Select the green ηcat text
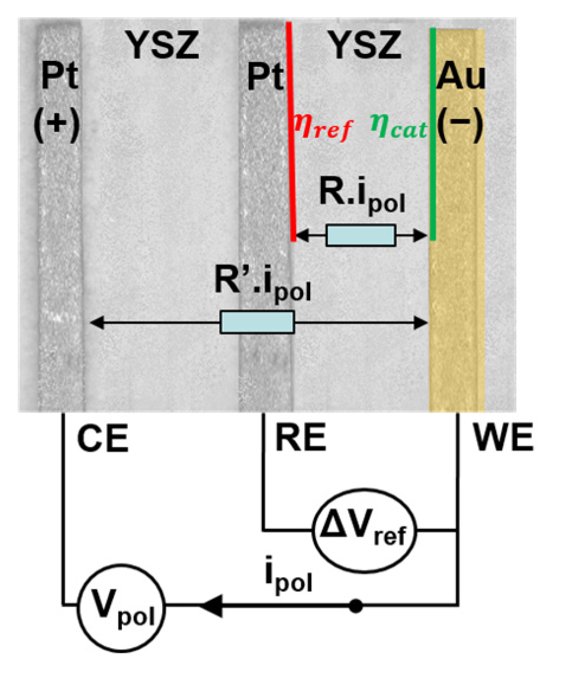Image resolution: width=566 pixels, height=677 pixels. pos(398,127)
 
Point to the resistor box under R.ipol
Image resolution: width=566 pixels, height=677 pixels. pos(361,236)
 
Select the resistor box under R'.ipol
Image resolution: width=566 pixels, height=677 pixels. pos(257,323)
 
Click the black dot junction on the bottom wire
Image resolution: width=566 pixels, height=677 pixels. pos(355,606)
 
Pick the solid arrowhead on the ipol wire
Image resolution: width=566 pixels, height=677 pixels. pos(210,606)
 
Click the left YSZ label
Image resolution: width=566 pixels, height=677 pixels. pos(162,46)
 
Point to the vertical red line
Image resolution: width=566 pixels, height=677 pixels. pos(290,130)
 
